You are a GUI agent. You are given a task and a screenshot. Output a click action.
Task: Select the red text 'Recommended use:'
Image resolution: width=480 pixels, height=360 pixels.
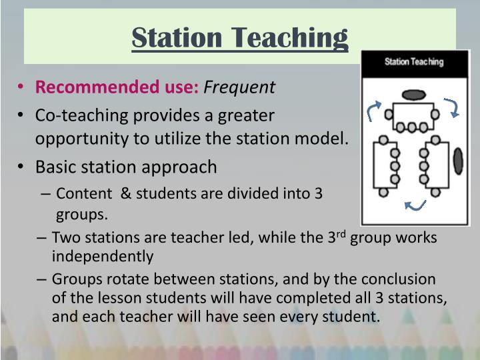pyautogui.click(x=117, y=87)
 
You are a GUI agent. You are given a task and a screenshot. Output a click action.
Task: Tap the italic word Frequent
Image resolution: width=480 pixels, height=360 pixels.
pyautogui.click(x=239, y=87)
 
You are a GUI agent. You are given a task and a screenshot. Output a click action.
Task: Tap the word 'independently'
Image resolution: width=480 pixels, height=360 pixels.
pyautogui.click(x=103, y=256)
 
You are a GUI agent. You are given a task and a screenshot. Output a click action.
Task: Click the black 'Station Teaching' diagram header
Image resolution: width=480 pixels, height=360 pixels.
pyautogui.click(x=413, y=62)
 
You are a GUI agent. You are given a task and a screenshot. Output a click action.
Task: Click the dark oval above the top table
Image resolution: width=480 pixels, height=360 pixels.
pyautogui.click(x=413, y=95)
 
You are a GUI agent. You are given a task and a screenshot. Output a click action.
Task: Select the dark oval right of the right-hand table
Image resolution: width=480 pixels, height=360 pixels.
pyautogui.click(x=458, y=161)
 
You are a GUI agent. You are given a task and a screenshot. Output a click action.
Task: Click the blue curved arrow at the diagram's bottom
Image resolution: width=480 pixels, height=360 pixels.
pyautogui.click(x=415, y=206)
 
